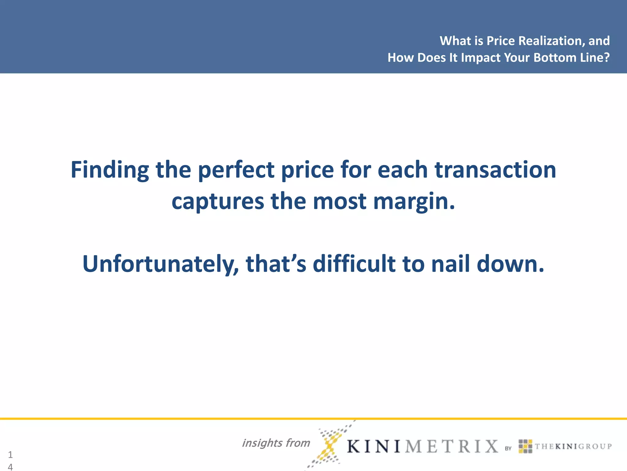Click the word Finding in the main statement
pos(110,170)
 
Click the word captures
pos(218,201)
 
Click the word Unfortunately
pos(160,264)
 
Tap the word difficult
pos(354,264)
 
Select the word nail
pos(450,264)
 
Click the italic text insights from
pos(276,443)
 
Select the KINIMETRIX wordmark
pos(422,446)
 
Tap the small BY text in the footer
pos(508,448)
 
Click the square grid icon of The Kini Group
pos(525,446)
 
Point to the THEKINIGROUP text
pos(573,446)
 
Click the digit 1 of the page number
pos(10,454)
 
